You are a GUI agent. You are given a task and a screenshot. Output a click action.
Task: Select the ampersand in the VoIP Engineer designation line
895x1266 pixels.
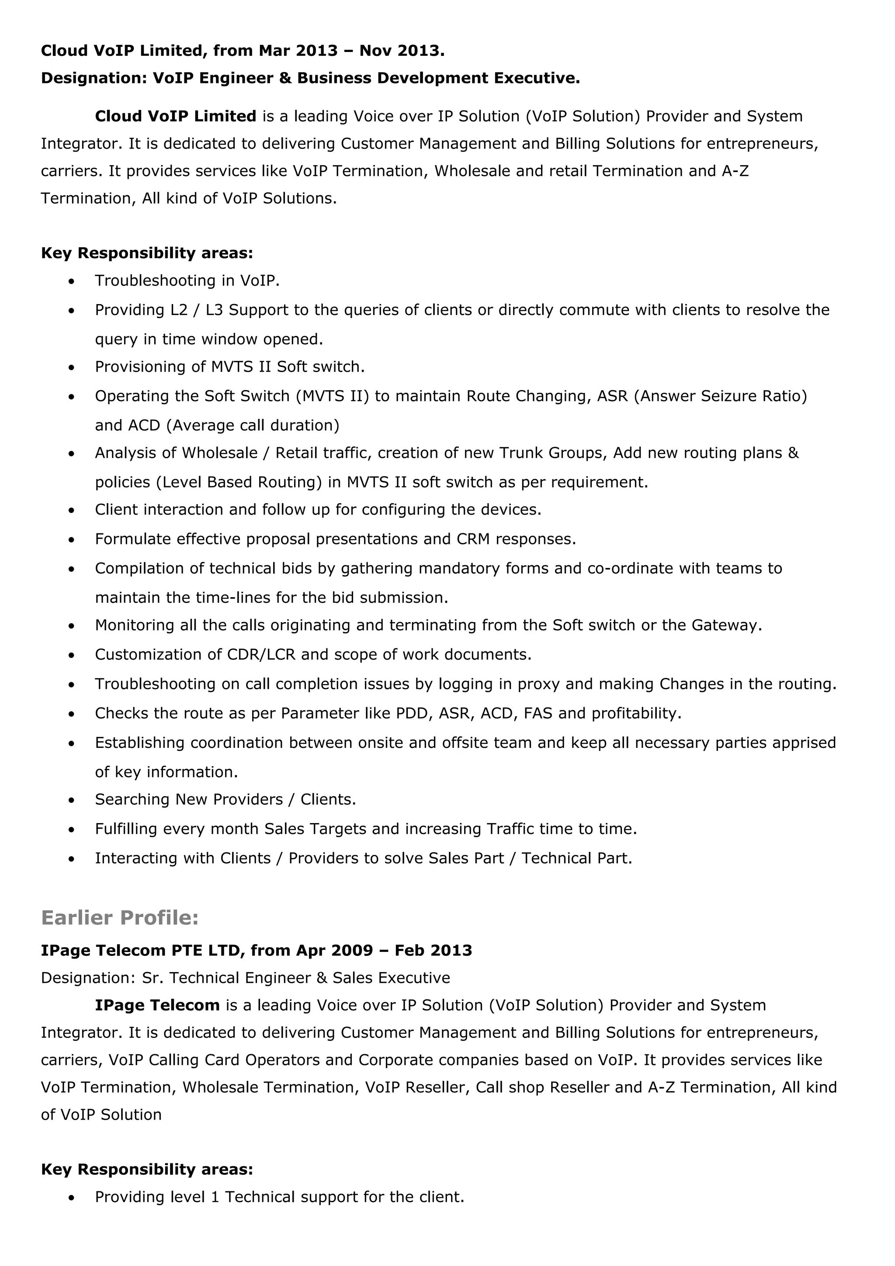[285, 78]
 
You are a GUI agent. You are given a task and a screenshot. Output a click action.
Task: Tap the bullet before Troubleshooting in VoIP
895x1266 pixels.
[71, 282]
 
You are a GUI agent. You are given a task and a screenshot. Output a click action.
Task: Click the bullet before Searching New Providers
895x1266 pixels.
[71, 801]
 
